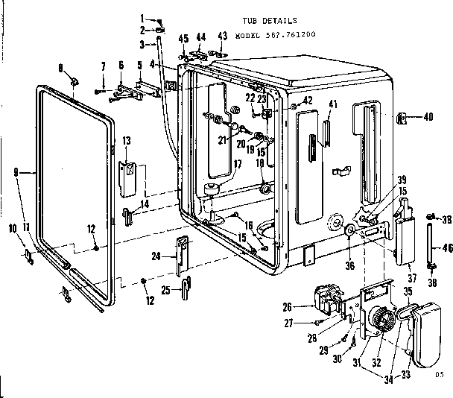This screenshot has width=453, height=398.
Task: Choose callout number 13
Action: pyautogui.click(x=127, y=141)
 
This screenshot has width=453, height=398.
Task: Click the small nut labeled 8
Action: pyautogui.click(x=75, y=79)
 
